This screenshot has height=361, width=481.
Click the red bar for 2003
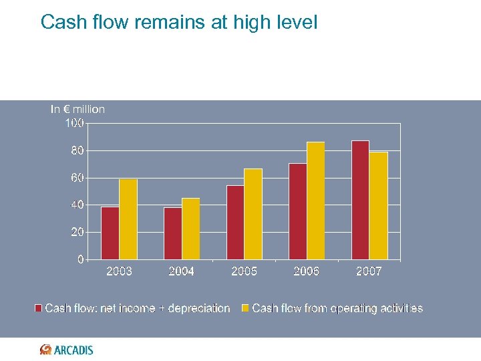point(110,233)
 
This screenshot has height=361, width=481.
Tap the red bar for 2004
point(172,233)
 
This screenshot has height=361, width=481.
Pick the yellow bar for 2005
point(253,214)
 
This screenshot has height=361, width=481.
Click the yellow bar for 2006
point(315,201)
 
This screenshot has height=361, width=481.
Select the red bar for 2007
point(360,200)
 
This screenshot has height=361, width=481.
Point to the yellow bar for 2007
point(378,206)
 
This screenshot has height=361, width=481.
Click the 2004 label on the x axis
point(182,271)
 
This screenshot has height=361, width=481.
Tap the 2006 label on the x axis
point(306,271)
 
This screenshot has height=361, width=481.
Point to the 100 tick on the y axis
point(74,123)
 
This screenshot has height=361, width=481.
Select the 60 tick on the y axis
point(77,178)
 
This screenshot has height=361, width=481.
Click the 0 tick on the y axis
point(80,259)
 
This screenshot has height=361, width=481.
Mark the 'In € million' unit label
point(77,109)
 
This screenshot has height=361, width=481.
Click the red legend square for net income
point(39,308)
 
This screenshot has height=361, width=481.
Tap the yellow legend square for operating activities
point(245,308)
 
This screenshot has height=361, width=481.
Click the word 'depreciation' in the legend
point(198,308)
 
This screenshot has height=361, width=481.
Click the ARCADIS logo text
point(74,350)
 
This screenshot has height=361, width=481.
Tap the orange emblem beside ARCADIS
point(45,350)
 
